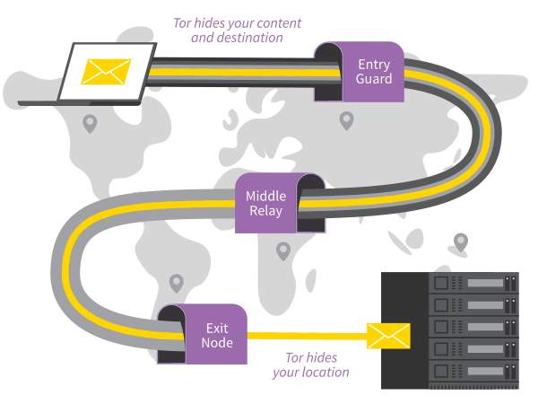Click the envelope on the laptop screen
tap(107, 71)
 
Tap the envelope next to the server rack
tap(388, 337)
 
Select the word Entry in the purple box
tap(374, 65)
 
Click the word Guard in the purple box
tap(374, 79)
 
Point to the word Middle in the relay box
tap(265, 197)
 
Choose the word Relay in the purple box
tap(265, 211)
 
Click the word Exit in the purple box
tap(217, 328)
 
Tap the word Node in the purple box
tap(217, 342)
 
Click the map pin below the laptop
tap(90, 123)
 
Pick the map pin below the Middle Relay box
tap(283, 250)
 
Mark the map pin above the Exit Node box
tap(177, 283)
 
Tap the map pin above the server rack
tap(461, 241)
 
